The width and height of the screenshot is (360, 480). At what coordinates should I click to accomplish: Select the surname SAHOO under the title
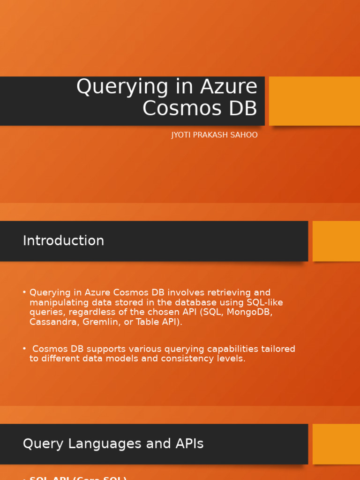tap(245, 135)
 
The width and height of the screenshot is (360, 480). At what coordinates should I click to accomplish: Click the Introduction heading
tap(63, 240)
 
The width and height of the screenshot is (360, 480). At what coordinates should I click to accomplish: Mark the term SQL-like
tap(265, 302)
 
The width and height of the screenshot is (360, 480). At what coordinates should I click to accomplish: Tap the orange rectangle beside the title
tap(315, 101)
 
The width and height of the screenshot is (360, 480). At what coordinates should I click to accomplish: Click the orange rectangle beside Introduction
tap(336, 241)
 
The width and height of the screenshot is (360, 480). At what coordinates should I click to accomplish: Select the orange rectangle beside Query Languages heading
tap(336, 444)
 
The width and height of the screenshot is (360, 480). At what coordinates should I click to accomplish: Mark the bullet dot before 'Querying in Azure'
tap(24, 292)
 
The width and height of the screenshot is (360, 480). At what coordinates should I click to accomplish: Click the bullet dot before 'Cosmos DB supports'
tap(24, 349)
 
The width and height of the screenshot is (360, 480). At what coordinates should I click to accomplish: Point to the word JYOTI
tap(180, 135)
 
